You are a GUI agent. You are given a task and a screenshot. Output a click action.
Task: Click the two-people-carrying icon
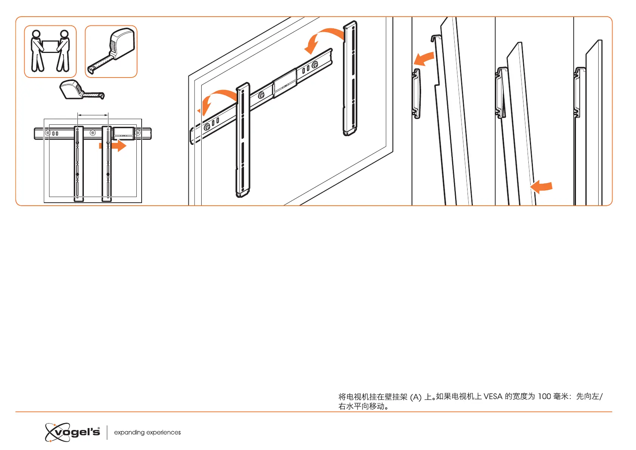50,51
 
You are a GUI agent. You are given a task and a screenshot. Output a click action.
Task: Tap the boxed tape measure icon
111,51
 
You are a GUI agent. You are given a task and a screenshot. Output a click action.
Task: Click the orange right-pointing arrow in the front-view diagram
113,146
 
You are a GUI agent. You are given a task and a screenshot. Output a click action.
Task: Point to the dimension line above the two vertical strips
93,115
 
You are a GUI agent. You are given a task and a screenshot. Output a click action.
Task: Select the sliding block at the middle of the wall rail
285,83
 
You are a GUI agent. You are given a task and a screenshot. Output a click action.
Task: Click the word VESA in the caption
493,396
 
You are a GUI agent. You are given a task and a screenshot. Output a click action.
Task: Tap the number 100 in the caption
544,396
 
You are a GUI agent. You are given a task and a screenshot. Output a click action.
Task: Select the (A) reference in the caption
415,397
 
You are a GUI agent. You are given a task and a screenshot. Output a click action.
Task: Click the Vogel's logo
73,432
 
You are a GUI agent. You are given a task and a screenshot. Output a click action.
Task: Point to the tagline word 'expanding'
129,432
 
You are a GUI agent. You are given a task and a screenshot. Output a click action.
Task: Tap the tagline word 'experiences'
164,432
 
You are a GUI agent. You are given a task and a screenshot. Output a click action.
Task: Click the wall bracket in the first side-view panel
416,93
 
